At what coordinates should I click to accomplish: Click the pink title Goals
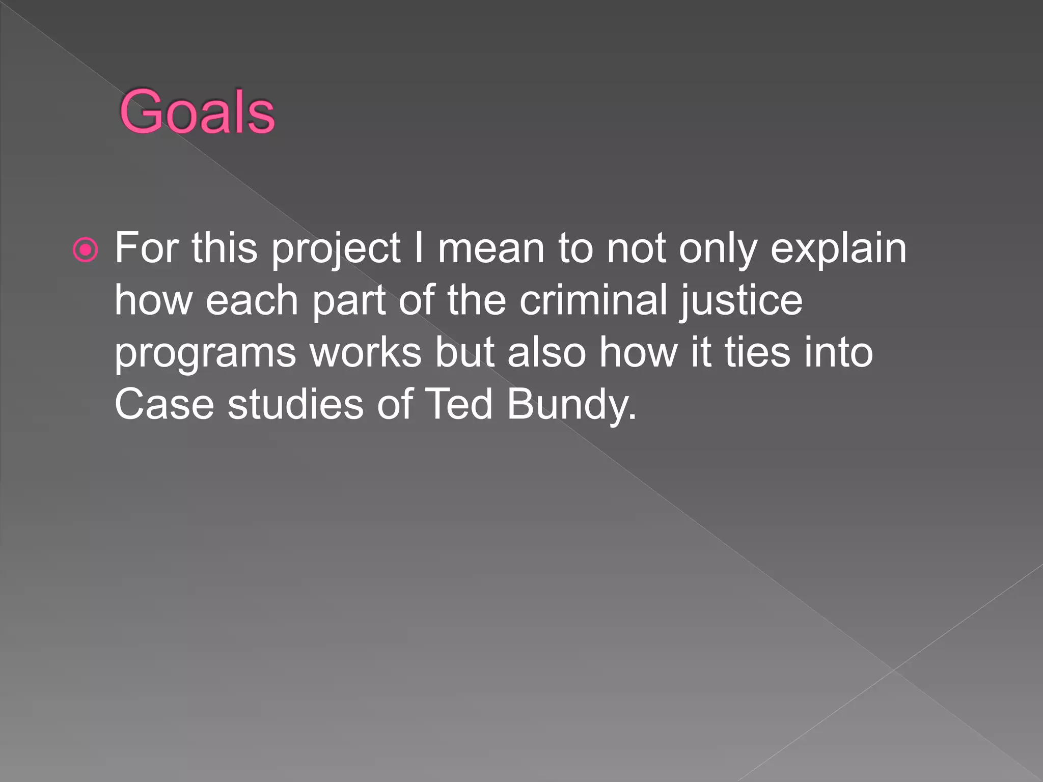[197, 111]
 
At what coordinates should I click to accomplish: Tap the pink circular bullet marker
[85, 250]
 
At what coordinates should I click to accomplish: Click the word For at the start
[147, 248]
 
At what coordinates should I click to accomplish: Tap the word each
[252, 300]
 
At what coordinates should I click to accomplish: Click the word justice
[741, 301]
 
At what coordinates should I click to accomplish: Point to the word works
[366, 352]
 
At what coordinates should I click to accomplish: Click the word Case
[164, 404]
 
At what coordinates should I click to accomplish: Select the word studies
[295, 404]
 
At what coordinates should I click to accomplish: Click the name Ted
[458, 404]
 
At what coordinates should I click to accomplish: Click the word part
[349, 301]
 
